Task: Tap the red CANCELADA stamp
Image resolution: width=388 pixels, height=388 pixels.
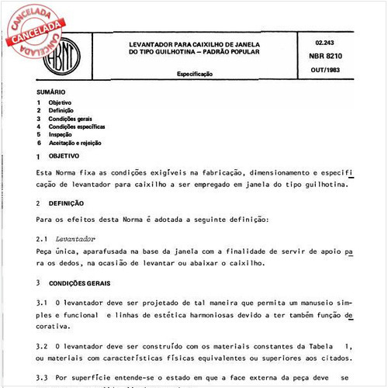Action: [x=36, y=29]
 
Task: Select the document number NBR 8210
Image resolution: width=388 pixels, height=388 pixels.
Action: [x=329, y=57]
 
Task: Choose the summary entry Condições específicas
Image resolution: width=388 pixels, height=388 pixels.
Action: [x=77, y=126]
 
